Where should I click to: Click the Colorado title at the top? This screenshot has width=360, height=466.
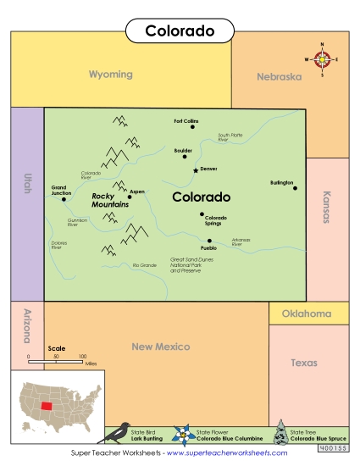pos(180,31)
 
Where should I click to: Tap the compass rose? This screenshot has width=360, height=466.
pos(322,59)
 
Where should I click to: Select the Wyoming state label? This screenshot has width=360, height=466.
pos(111,75)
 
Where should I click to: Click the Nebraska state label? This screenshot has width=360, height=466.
pos(279,76)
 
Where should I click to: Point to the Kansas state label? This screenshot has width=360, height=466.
pos(326,206)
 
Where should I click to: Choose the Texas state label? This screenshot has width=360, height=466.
pos(304,363)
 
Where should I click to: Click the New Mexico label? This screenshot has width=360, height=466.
pos(161,347)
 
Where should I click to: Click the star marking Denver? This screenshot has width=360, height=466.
pos(196,169)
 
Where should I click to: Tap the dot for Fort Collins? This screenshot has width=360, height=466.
pos(194,127)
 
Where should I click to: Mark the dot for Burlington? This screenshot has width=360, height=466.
pos(296,188)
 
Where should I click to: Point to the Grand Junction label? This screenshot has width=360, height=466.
pos(61,190)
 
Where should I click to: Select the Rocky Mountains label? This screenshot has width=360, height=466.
pos(109,200)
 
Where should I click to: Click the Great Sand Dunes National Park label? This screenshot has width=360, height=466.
pos(193,264)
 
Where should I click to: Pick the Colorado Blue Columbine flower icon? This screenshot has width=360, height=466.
pos(181,435)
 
